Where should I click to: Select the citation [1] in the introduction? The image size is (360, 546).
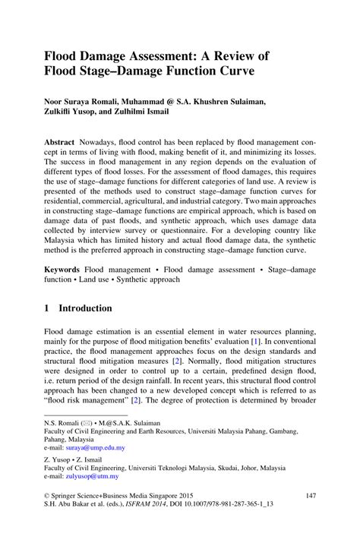256,343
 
